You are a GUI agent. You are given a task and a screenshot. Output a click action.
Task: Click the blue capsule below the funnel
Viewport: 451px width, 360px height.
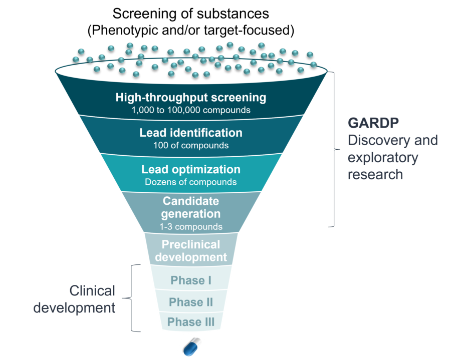192,347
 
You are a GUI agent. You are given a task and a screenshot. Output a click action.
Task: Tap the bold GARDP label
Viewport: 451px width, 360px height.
373,123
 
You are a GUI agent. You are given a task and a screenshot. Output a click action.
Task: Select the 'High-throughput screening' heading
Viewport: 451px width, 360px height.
191,98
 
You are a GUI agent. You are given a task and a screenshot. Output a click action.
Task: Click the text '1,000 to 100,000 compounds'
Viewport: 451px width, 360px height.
191,110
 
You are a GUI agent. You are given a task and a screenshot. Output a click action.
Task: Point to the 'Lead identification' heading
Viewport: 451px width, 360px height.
191,133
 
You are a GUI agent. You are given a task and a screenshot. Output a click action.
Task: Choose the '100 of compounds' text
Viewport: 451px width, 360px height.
191,145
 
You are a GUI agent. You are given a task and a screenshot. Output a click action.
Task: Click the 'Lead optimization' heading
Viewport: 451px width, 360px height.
191,170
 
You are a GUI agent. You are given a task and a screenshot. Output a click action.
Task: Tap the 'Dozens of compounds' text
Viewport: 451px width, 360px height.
191,182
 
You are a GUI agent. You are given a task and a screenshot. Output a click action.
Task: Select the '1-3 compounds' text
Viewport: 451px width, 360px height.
191,227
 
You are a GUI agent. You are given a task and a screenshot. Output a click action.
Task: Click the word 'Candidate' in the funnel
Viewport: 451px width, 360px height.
191,201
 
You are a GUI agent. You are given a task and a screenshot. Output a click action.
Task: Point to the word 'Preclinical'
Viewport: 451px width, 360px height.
191,244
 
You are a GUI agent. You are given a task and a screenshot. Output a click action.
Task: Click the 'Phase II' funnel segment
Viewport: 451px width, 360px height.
191,300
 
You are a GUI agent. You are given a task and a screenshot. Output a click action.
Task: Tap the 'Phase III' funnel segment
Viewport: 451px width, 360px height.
191,321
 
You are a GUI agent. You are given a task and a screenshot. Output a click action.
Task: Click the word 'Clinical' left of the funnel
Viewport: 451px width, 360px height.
92,291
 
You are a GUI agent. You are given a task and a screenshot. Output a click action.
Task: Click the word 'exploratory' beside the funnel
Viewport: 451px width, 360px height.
383,158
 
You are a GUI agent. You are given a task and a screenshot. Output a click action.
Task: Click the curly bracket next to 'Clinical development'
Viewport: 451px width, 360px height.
131,298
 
